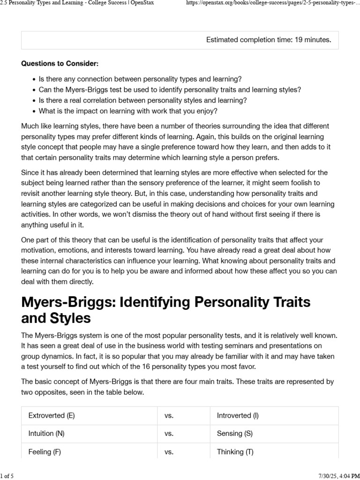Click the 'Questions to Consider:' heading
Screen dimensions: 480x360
point(60,63)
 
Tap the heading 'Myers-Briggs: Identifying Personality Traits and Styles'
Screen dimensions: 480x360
point(166,310)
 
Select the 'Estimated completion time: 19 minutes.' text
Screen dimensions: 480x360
point(269,40)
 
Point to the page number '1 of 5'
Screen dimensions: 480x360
point(7,476)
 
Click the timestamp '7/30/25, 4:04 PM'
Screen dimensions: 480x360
point(334,476)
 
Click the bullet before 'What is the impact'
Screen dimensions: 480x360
point(34,112)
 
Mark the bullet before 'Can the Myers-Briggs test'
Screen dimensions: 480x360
point(34,90)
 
